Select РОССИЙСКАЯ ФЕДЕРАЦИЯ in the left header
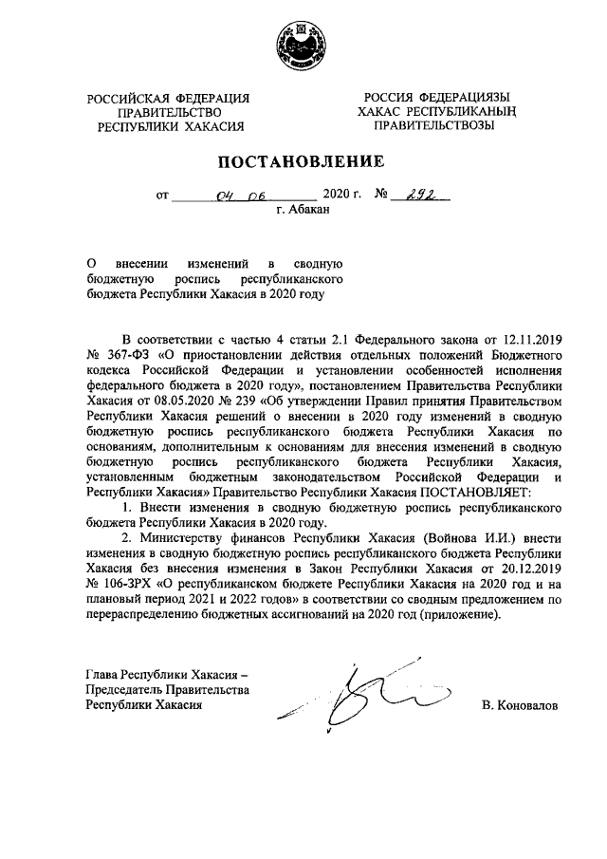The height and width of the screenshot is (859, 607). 168,99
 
